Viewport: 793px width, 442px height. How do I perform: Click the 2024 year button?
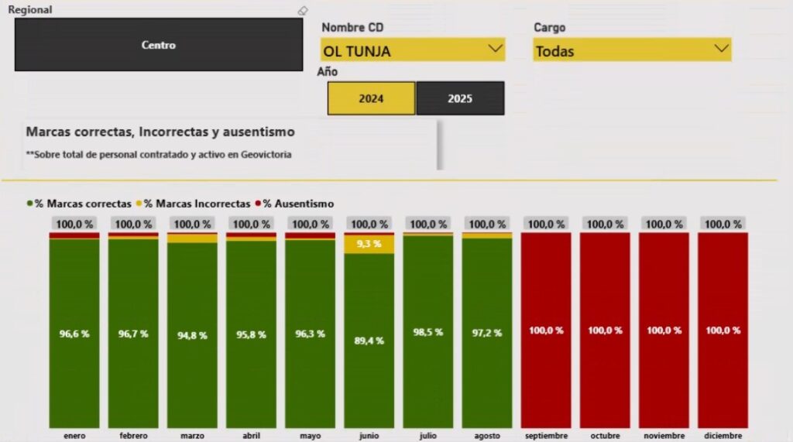click(x=371, y=98)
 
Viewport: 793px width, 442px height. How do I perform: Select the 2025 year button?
click(x=460, y=98)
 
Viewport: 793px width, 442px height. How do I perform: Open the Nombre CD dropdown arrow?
click(x=495, y=49)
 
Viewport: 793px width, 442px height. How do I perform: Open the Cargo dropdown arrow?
click(x=721, y=49)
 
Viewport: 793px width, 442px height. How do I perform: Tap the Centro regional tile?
click(x=159, y=45)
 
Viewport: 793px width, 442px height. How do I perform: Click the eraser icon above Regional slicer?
click(x=303, y=11)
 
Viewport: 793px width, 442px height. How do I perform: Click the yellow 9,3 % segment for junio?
click(x=369, y=244)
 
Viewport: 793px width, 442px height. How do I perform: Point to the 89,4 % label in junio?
click(x=369, y=341)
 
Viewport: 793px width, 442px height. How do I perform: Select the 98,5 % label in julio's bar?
click(x=428, y=331)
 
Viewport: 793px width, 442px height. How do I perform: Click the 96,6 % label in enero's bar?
click(x=74, y=334)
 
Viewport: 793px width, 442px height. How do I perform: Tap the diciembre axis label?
click(x=723, y=436)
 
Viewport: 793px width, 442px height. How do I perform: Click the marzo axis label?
click(x=192, y=436)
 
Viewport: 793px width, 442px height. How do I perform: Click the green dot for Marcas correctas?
click(x=30, y=204)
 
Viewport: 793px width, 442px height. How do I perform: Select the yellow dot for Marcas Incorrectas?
click(x=139, y=204)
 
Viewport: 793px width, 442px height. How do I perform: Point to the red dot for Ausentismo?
click(x=257, y=204)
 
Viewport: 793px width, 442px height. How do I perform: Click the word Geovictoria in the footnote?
click(x=267, y=154)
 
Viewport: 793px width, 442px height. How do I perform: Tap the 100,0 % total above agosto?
click(x=487, y=224)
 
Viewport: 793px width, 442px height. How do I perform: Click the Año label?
click(x=328, y=72)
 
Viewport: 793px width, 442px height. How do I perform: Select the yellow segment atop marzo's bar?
click(x=192, y=238)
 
